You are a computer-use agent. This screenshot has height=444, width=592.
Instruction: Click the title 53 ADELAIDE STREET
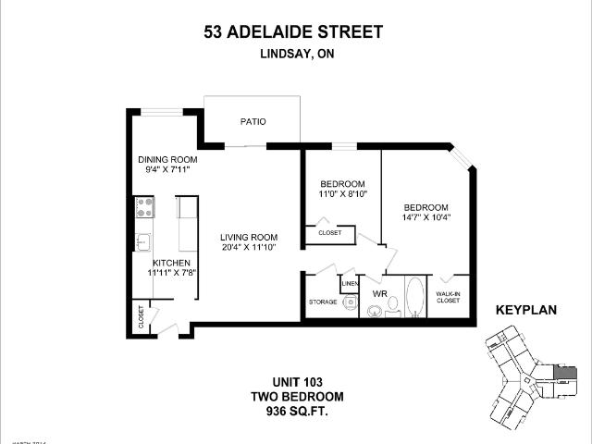pos(293,33)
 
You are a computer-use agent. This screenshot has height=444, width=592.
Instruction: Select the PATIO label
pos(253,121)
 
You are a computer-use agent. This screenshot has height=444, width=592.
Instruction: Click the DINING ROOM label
pos(168,159)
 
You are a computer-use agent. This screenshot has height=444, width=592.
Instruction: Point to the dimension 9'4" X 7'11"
pos(168,170)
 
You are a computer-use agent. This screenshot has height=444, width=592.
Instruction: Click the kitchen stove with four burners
pos(143,207)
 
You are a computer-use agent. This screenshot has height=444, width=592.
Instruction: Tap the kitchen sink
pos(143,242)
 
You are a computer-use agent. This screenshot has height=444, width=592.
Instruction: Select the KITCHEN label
pos(171,263)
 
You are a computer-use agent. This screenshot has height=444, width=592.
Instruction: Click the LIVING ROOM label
pos(249,237)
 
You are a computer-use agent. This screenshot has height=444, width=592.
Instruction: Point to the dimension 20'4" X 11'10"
pos(249,248)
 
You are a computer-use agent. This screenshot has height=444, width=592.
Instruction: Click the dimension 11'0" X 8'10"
pos(341,194)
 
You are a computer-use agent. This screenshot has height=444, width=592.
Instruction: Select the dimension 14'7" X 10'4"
pos(425,218)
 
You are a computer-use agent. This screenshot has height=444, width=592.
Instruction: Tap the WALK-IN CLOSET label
pos(448,297)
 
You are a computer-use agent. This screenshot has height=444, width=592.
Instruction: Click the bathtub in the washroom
pos(415,297)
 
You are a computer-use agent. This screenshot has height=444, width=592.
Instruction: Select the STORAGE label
pos(322,302)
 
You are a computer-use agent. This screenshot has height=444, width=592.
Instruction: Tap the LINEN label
pos(350,282)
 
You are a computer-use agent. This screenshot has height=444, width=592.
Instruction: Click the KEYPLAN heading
pos(526,311)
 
